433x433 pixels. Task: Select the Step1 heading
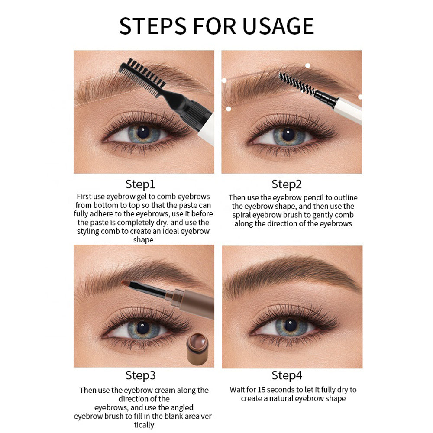pyautogui.click(x=140, y=184)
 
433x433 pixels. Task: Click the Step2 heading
pyautogui.click(x=286, y=184)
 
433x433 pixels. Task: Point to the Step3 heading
pyautogui.click(x=140, y=375)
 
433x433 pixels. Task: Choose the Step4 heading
pyautogui.click(x=286, y=375)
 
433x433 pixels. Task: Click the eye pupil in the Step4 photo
pyautogui.click(x=288, y=326)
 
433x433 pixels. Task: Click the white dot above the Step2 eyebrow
pyautogui.click(x=308, y=66)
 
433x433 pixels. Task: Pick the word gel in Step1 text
pyautogui.click(x=145, y=196)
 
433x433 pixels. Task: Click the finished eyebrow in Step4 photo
pyautogui.click(x=294, y=271)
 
